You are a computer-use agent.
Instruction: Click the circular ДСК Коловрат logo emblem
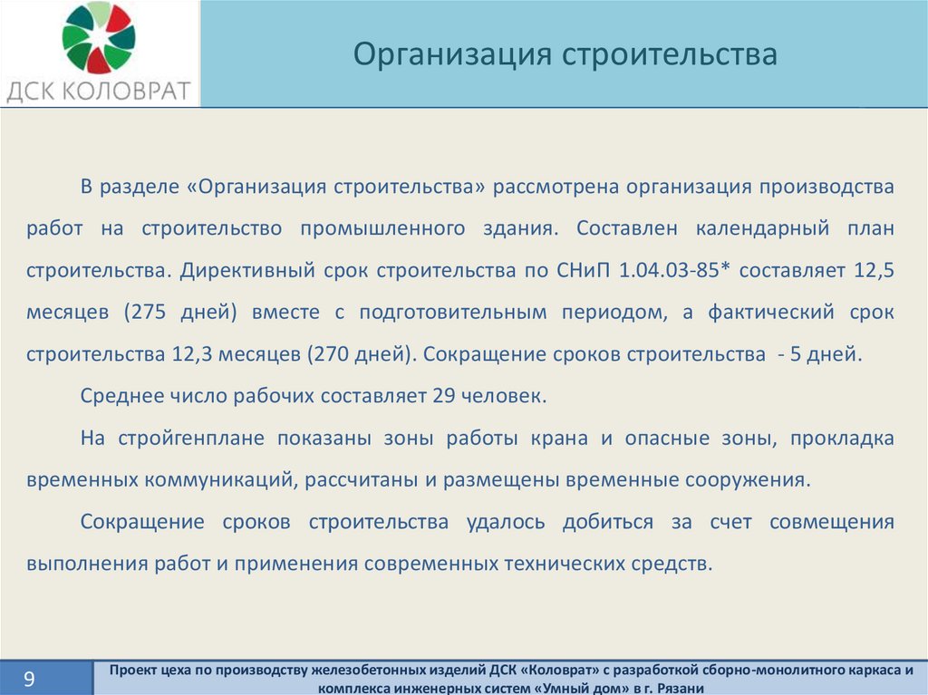pyautogui.click(x=99, y=37)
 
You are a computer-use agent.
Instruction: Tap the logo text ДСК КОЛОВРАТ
pyautogui.click(x=98, y=92)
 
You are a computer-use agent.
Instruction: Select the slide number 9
pyautogui.click(x=29, y=679)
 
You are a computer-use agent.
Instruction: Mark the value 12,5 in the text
pyautogui.click(x=875, y=271)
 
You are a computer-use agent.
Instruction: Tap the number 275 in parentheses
pyautogui.click(x=149, y=312)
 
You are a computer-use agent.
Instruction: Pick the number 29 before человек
pyautogui.click(x=443, y=395)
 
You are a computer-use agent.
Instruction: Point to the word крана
pyautogui.click(x=558, y=439)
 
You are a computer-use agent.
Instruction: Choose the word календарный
pyautogui.click(x=762, y=228)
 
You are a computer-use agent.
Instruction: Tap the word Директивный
pyautogui.click(x=247, y=271)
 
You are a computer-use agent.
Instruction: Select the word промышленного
pyautogui.click(x=382, y=228)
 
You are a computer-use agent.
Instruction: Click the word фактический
pyautogui.click(x=771, y=312)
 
